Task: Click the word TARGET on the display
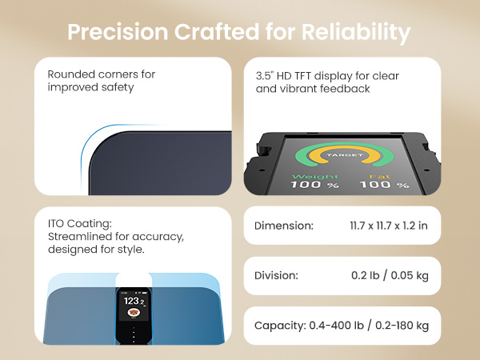[345, 154]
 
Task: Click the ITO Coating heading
[82, 225]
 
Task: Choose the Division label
[276, 275]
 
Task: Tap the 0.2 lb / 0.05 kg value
[390, 275]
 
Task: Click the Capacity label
[279, 326]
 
